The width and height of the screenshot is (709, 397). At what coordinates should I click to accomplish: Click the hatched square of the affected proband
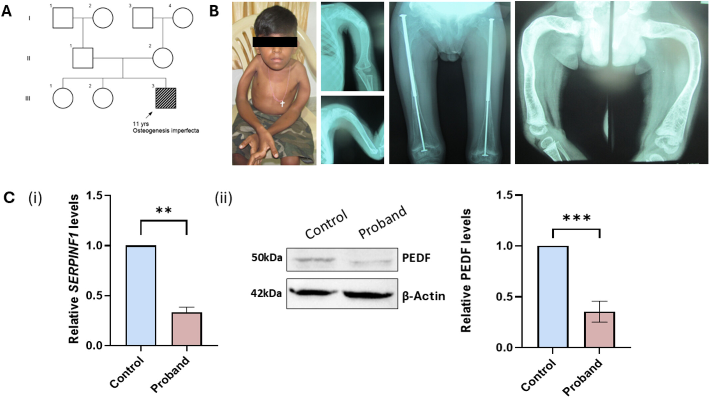tap(166, 98)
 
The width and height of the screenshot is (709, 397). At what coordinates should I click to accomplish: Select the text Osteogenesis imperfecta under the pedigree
tap(166, 131)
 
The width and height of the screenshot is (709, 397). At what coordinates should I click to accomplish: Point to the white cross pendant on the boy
tap(282, 103)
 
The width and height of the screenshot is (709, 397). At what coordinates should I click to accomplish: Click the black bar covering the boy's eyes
tap(275, 42)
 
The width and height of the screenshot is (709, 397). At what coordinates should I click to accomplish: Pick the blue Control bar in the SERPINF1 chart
tap(141, 295)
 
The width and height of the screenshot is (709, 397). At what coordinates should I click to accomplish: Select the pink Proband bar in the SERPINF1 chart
tap(187, 329)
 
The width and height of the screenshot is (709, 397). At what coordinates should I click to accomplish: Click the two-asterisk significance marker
tap(164, 211)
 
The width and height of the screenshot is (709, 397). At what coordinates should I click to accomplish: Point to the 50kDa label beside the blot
tap(267, 258)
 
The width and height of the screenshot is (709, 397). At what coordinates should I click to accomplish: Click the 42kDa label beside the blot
tap(266, 294)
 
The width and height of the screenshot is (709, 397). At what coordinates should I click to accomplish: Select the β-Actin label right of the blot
tap(423, 296)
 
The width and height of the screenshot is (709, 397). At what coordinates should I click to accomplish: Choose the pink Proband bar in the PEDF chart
tap(599, 329)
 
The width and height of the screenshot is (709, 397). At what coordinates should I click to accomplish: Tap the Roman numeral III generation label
tap(28, 98)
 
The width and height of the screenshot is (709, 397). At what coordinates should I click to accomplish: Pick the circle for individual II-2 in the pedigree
tap(163, 58)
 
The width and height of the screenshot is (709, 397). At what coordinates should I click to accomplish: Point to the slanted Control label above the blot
tap(326, 225)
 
